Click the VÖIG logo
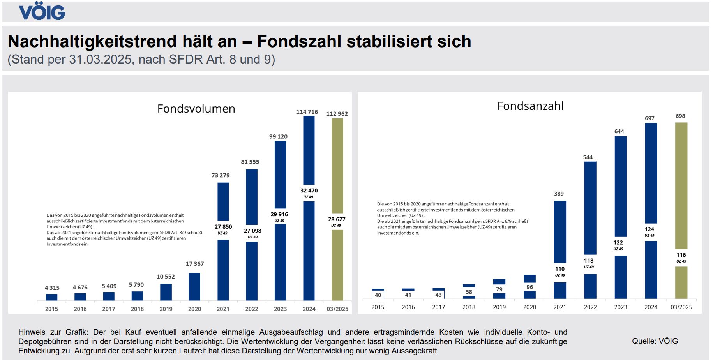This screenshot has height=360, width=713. pyautogui.click(x=42, y=12)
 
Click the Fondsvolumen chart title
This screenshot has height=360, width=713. pyautogui.click(x=196, y=109)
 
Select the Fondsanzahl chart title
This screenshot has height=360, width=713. pyautogui.click(x=530, y=106)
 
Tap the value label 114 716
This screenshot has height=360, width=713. pyautogui.click(x=307, y=112)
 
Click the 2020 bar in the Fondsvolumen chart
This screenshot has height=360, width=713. pyautogui.click(x=194, y=286)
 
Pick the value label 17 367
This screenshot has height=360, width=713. pyautogui.click(x=195, y=264)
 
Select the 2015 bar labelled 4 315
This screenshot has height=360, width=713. pyautogui.click(x=51, y=297)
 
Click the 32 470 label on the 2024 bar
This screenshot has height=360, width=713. pyautogui.click(x=309, y=191)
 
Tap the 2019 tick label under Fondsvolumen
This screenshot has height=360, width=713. pyautogui.click(x=166, y=309)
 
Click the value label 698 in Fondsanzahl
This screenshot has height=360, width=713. pyautogui.click(x=680, y=116)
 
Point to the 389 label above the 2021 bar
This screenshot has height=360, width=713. pyautogui.click(x=559, y=194)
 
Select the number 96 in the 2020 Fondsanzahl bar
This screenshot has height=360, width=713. pyautogui.click(x=529, y=287)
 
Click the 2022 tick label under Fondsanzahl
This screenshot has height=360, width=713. pyautogui.click(x=590, y=307)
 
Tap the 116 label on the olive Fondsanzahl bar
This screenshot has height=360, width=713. pyautogui.click(x=681, y=255)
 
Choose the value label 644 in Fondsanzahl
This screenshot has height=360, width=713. pyautogui.click(x=619, y=131)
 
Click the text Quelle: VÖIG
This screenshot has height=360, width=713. pyautogui.click(x=655, y=341)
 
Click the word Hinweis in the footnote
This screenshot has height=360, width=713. pyautogui.click(x=32, y=332)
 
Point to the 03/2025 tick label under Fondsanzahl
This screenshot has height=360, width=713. pyautogui.click(x=681, y=307)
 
